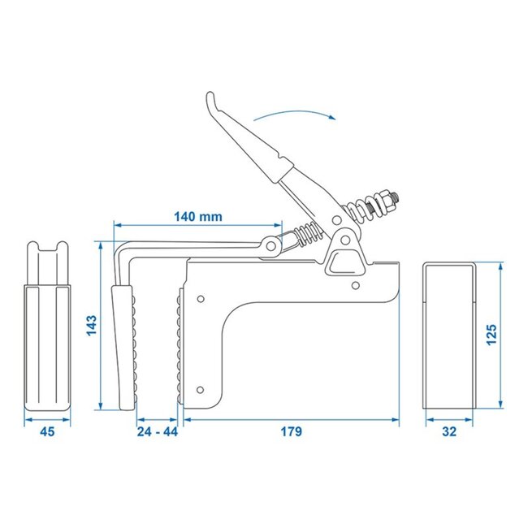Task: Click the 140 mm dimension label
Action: point(199,217)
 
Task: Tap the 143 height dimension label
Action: point(92,326)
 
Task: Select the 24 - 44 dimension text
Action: point(157,431)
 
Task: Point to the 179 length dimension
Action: point(292,431)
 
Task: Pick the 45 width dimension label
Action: point(47,431)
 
